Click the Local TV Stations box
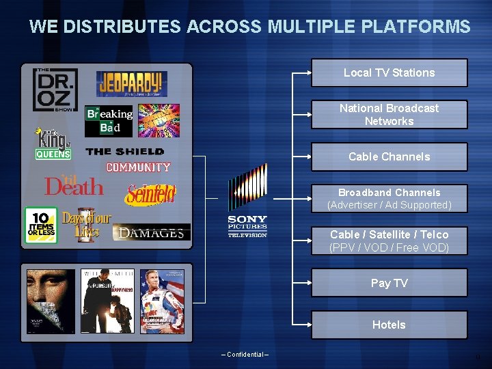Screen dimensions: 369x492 tap(389, 72)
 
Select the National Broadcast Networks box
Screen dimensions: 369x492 tap(389, 114)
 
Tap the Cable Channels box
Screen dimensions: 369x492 tap(389, 156)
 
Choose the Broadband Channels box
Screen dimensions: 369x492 tap(389, 198)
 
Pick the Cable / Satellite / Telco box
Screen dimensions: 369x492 tap(389, 241)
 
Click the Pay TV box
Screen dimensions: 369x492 tap(389, 283)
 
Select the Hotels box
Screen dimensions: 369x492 tap(389, 325)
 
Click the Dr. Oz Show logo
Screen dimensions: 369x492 tap(55, 90)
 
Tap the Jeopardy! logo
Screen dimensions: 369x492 tap(132, 84)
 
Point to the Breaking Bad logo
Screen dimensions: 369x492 tap(109, 121)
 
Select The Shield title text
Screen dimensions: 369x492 tap(125, 152)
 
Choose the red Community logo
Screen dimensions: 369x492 tap(138, 167)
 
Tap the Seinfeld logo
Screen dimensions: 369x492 tap(150, 195)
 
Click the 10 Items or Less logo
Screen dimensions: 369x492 tap(41, 225)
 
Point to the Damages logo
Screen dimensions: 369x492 tap(152, 233)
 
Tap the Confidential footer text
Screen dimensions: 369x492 tap(245, 354)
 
